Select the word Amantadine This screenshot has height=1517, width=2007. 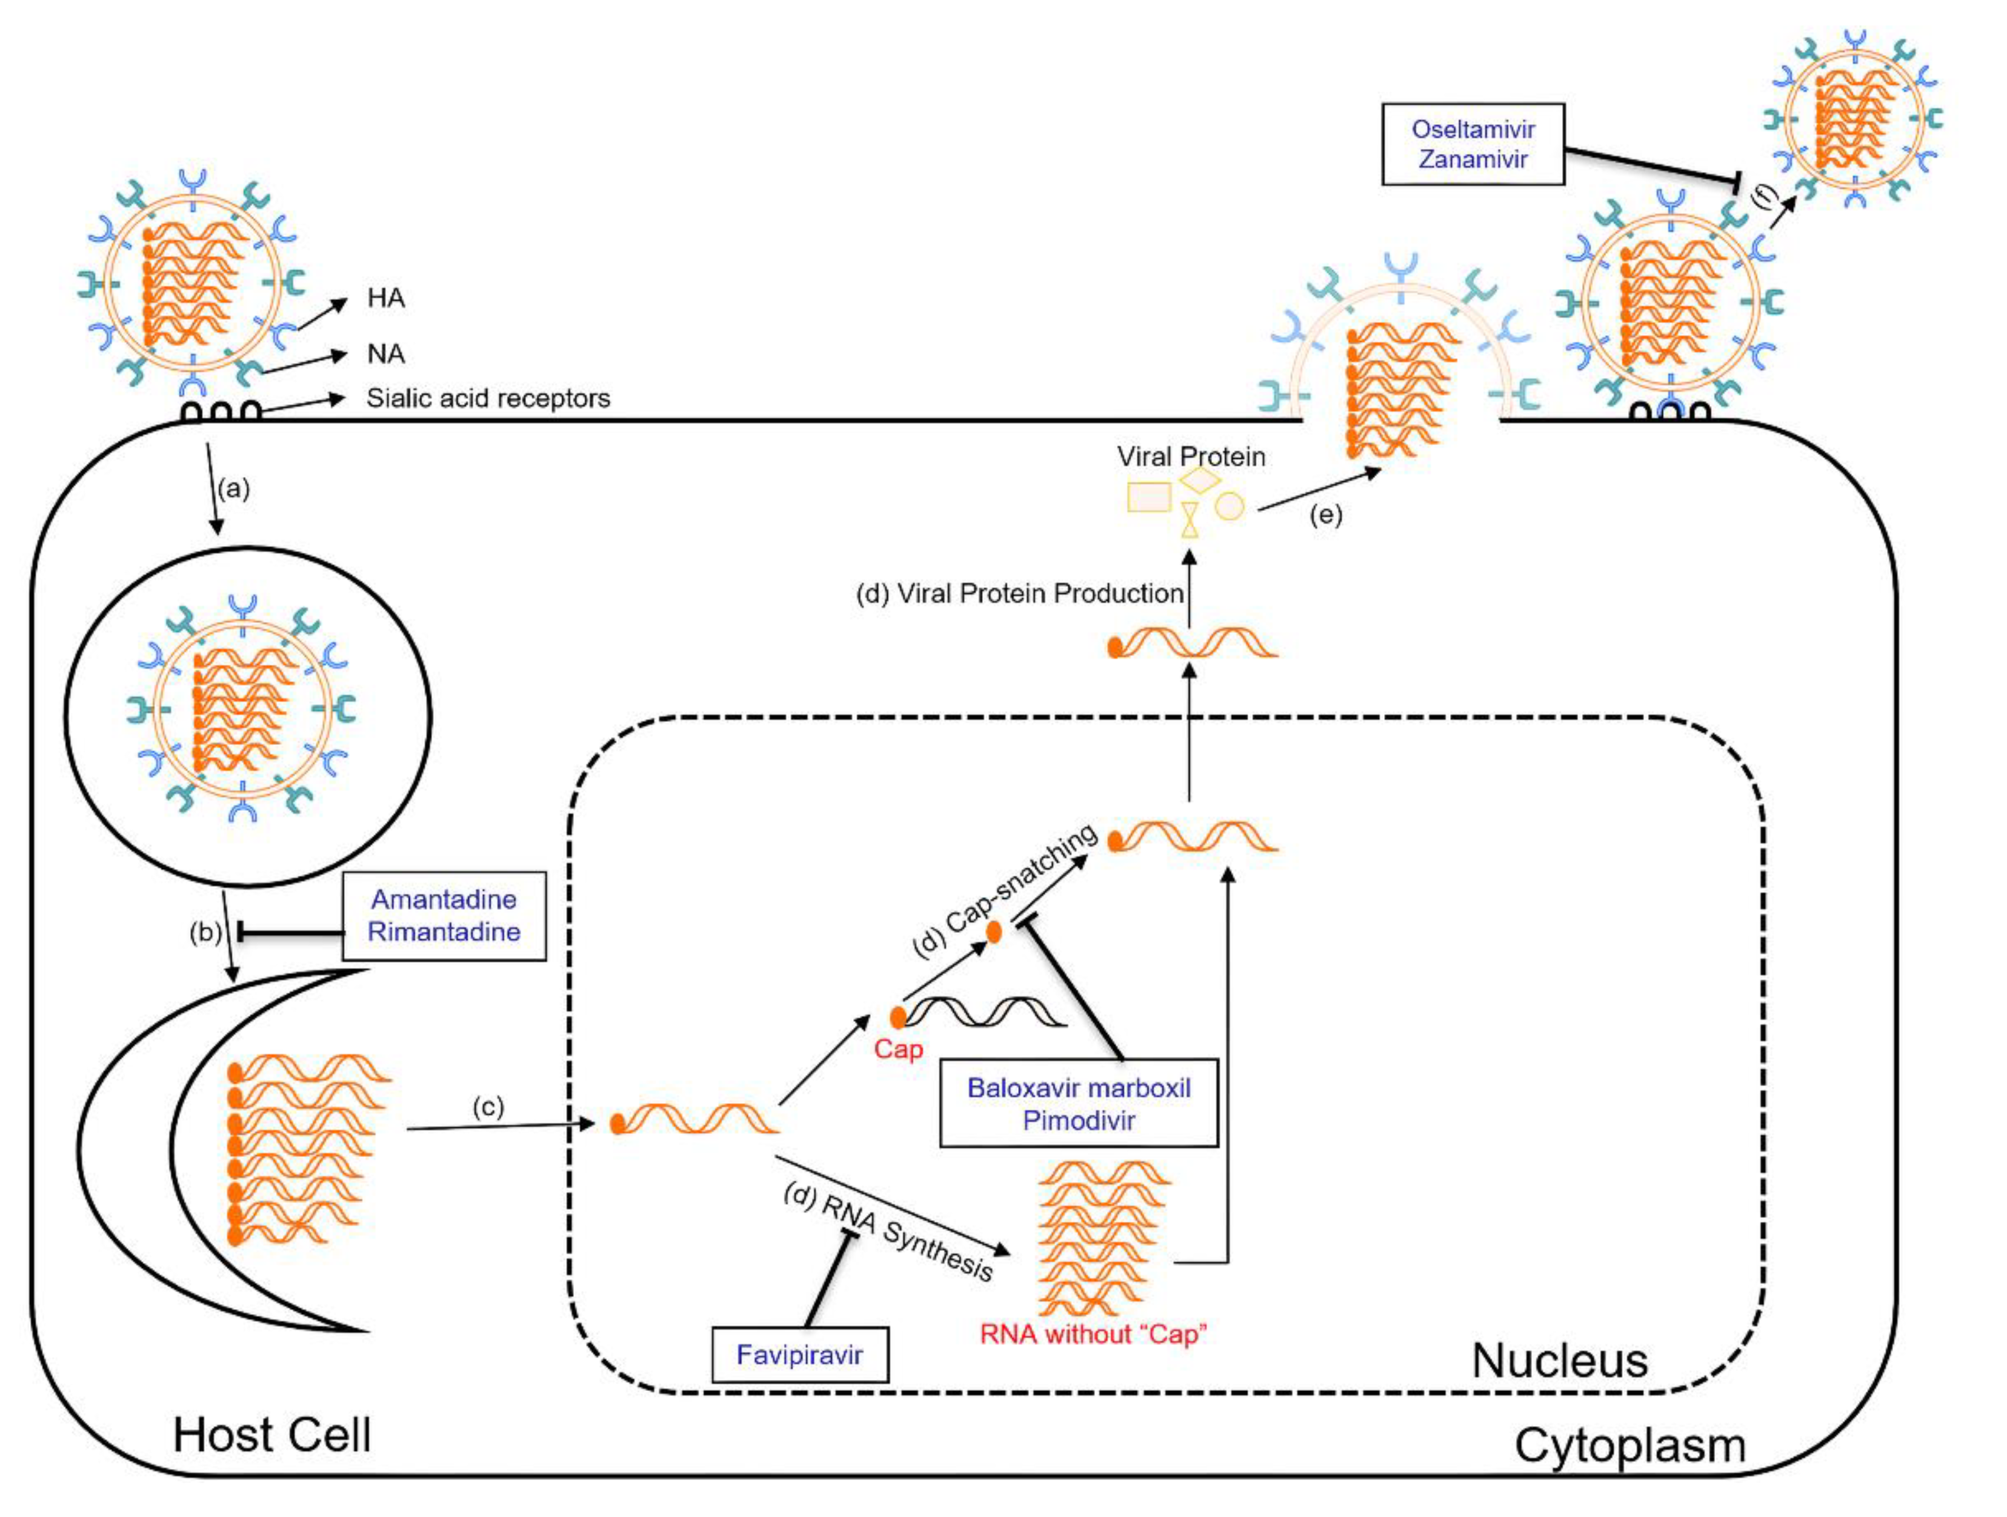click(444, 899)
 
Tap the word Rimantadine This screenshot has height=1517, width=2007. click(444, 932)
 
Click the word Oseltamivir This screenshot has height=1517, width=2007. click(1473, 129)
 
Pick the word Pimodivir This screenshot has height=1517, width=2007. click(1078, 1121)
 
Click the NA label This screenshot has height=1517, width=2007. click(385, 354)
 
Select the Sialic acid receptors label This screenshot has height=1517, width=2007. click(488, 398)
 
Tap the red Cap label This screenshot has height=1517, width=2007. click(898, 1049)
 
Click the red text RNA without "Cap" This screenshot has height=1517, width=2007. click(1093, 1335)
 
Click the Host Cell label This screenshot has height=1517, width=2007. click(272, 1435)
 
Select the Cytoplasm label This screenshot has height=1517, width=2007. click(1629, 1445)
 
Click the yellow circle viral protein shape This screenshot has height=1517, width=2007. click(1230, 506)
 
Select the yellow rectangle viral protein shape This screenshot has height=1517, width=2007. click(1149, 497)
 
